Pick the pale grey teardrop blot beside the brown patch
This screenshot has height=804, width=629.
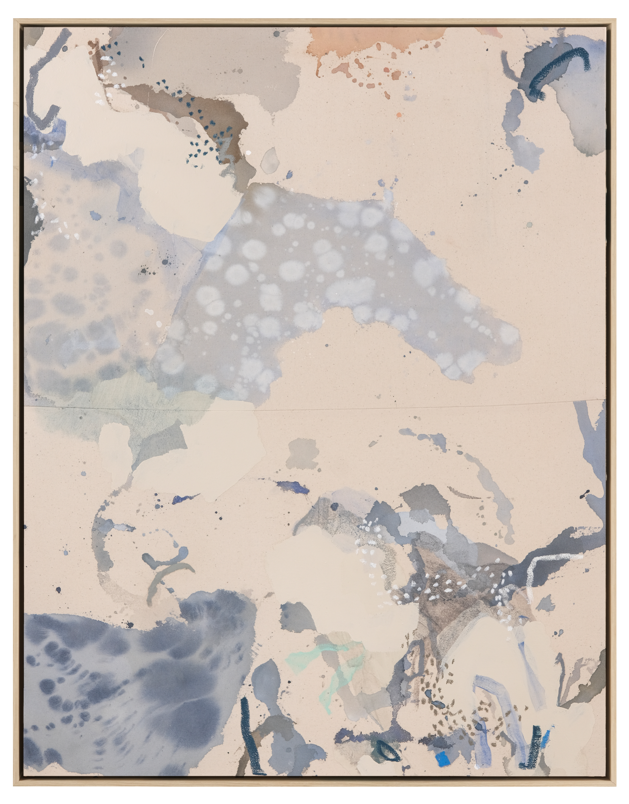click(269, 160)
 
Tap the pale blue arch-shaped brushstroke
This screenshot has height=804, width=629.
click(491, 695)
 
